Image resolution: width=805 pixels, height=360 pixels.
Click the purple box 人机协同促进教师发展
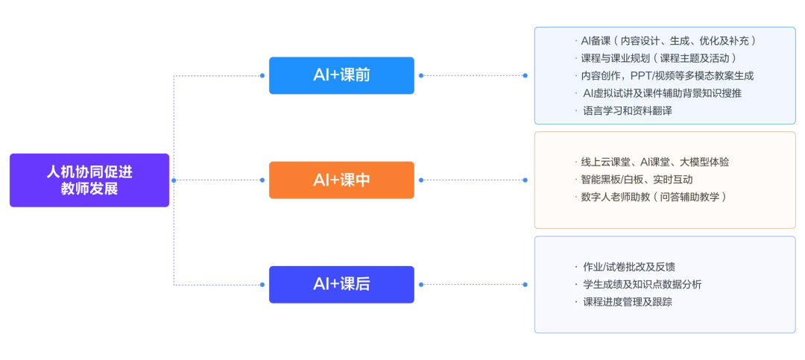click(x=89, y=180)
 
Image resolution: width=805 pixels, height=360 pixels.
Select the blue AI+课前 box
click(x=341, y=75)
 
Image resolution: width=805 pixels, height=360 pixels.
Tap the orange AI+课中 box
click(x=341, y=180)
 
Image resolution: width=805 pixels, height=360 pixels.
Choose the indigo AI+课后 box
click(x=341, y=285)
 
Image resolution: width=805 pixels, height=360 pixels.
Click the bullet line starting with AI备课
click(x=668, y=40)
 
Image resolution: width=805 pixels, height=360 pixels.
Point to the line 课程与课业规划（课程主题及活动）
click(x=659, y=58)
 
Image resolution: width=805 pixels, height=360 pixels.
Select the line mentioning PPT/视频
click(x=667, y=76)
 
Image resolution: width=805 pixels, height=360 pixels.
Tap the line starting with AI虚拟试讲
click(x=662, y=93)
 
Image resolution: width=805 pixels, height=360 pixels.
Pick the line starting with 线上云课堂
click(x=654, y=162)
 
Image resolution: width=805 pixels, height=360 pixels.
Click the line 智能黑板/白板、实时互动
click(x=637, y=180)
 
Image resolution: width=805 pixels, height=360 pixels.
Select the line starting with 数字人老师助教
click(x=653, y=198)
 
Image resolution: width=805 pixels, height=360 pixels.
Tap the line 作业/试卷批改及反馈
click(x=628, y=267)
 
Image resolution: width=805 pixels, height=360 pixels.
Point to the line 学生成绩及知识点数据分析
click(x=641, y=285)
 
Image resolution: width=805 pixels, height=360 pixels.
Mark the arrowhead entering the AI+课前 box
click(x=262, y=75)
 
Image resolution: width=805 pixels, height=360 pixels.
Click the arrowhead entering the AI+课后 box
click(x=262, y=285)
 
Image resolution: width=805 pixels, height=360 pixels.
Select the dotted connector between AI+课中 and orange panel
click(x=473, y=180)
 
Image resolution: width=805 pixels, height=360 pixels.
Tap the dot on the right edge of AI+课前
click(x=421, y=75)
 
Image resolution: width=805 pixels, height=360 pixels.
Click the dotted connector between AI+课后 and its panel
click(x=473, y=285)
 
